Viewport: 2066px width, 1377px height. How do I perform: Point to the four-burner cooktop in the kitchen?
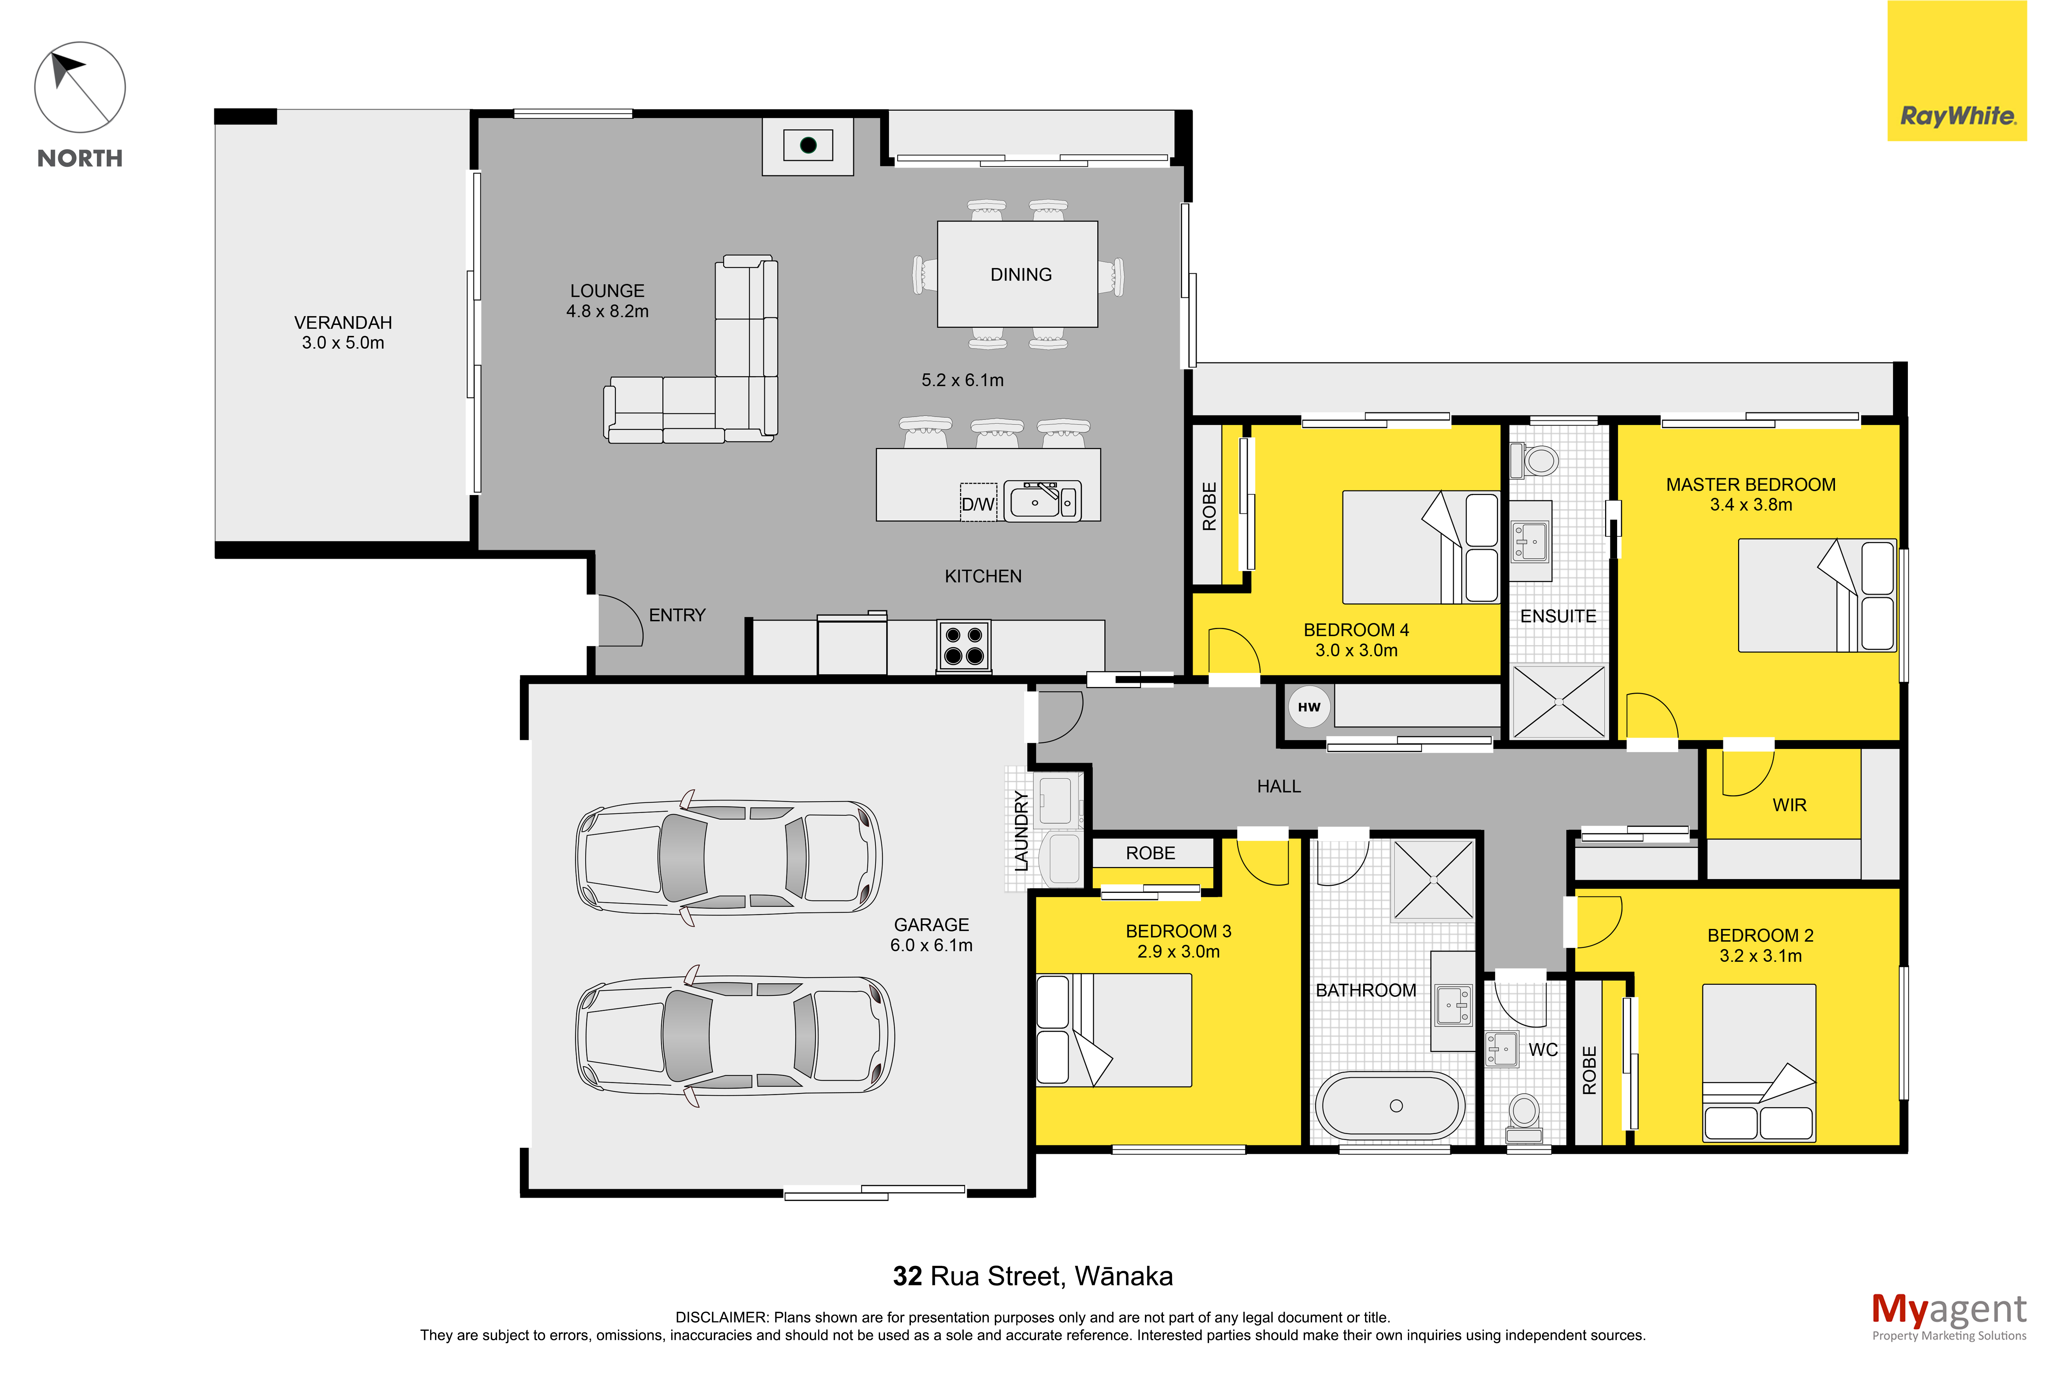[x=963, y=645]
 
